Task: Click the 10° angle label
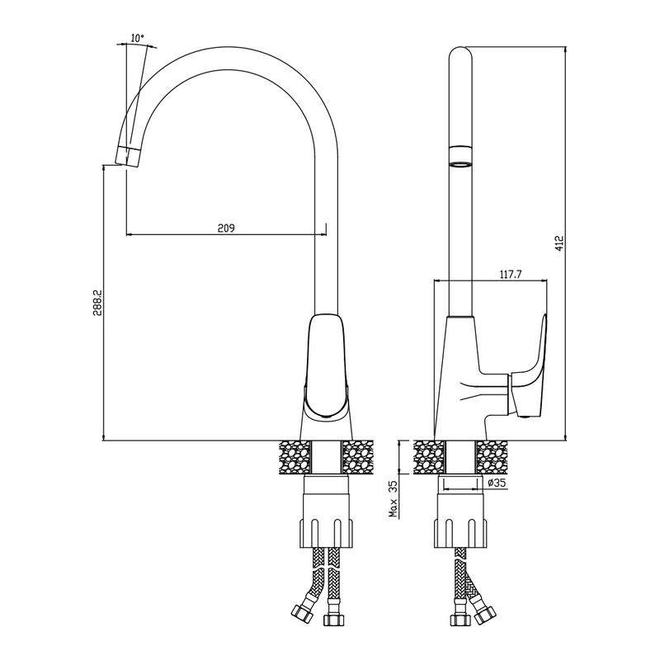(x=138, y=38)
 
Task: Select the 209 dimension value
(x=225, y=229)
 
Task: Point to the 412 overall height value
(x=559, y=243)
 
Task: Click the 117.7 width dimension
(x=511, y=275)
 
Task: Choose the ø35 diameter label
(x=497, y=483)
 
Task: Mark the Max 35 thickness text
(x=394, y=499)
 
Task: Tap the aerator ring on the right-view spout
(x=460, y=156)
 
